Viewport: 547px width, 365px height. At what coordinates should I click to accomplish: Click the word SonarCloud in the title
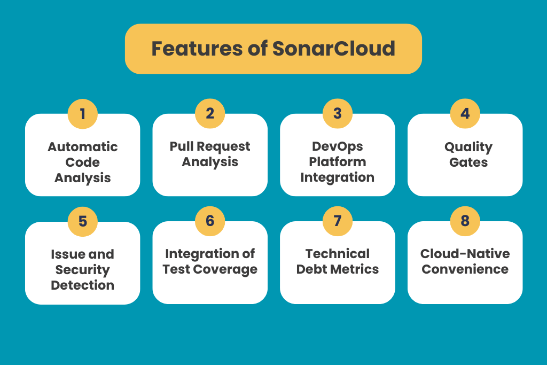tap(334, 49)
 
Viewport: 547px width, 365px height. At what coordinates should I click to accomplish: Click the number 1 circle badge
tap(83, 114)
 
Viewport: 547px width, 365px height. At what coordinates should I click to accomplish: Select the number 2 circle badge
tap(210, 113)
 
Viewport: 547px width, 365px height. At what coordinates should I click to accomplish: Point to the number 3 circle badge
tap(337, 113)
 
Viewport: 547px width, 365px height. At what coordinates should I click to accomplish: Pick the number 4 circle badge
tap(465, 113)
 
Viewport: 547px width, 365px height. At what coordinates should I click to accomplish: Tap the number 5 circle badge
tap(83, 221)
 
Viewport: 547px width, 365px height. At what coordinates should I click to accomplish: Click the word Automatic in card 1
tap(83, 147)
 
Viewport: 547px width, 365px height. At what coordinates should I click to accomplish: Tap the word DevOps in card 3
tap(337, 146)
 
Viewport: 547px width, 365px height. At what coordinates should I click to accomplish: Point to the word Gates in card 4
tap(468, 162)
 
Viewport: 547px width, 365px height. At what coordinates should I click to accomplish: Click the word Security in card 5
tap(83, 270)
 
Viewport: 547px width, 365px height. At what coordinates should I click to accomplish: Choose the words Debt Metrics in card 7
tap(337, 269)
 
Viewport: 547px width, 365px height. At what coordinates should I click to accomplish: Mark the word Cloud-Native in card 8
tap(465, 254)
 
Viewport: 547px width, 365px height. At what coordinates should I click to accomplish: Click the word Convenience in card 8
tap(465, 269)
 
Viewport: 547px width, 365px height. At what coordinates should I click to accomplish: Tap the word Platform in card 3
tap(337, 162)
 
